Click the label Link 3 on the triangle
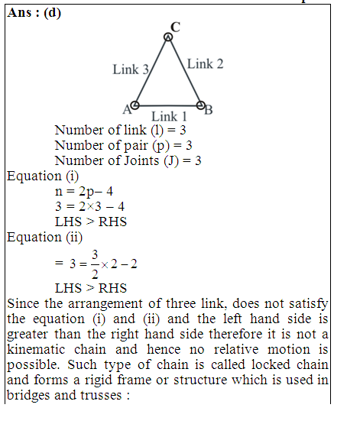point(131,70)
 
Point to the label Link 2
point(206,64)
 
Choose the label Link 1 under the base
point(169,117)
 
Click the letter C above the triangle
point(175,27)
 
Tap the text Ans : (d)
point(34,13)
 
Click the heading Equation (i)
point(43,176)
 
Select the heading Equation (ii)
point(44,238)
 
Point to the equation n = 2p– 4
point(84,192)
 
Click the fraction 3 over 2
point(95,264)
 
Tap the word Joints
point(141,160)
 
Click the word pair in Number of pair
point(136,146)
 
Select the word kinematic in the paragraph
point(36,349)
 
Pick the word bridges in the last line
point(29,395)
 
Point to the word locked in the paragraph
point(271,364)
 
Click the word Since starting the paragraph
point(23,303)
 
